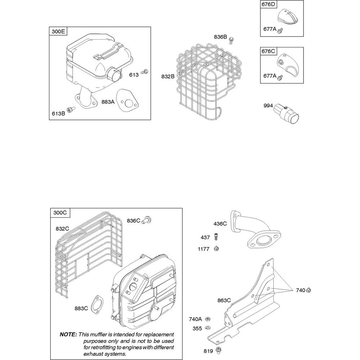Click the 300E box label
[58, 31]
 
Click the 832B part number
[168, 76]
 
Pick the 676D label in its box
[269, 4]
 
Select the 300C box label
[60, 213]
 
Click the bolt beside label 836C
[147, 220]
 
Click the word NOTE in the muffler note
[68, 334]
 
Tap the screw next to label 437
[216, 237]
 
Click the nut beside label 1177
[216, 248]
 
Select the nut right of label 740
[309, 290]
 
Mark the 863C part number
[224, 300]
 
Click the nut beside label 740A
[208, 319]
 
